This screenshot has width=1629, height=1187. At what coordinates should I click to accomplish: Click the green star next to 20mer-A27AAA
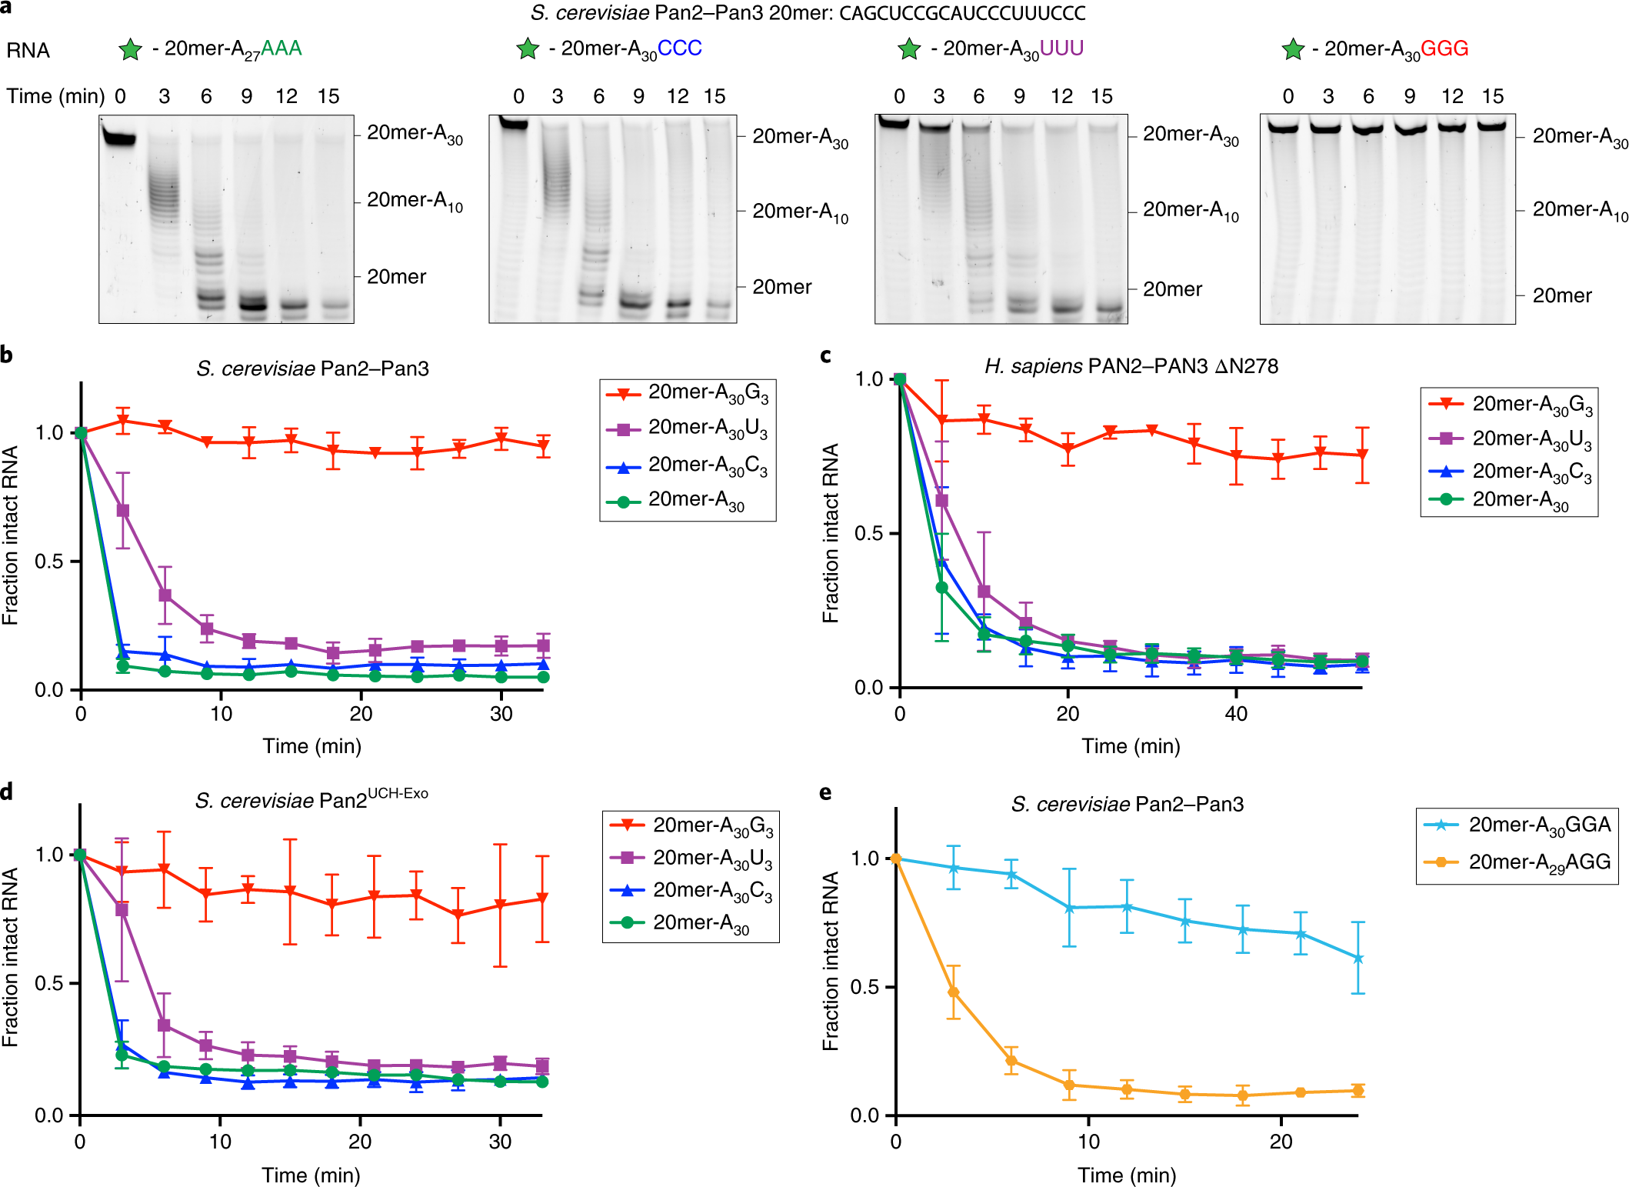point(130,50)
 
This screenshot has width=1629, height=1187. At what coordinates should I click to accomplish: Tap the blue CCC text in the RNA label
point(679,48)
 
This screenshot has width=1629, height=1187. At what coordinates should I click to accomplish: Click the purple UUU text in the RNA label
point(1061,48)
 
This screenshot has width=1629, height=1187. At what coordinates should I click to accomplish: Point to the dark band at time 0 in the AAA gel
point(119,139)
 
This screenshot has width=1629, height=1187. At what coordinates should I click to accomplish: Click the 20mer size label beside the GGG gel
point(1561,295)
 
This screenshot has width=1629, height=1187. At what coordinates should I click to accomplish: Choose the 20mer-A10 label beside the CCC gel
point(800,212)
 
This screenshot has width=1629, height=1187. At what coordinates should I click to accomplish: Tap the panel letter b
point(7,355)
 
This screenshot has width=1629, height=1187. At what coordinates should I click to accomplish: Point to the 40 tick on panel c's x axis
point(1236,714)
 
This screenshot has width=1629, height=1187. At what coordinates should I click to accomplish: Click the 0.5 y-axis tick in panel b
point(48,562)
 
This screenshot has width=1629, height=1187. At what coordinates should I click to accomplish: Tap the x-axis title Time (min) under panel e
point(1127,1175)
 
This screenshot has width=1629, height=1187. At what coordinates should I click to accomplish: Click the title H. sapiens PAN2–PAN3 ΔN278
point(1131,366)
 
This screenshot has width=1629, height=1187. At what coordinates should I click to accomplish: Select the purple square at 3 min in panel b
point(123,511)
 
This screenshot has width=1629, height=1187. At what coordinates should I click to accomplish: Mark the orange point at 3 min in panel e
point(954,992)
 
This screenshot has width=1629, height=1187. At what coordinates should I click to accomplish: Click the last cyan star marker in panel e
point(1358,959)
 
